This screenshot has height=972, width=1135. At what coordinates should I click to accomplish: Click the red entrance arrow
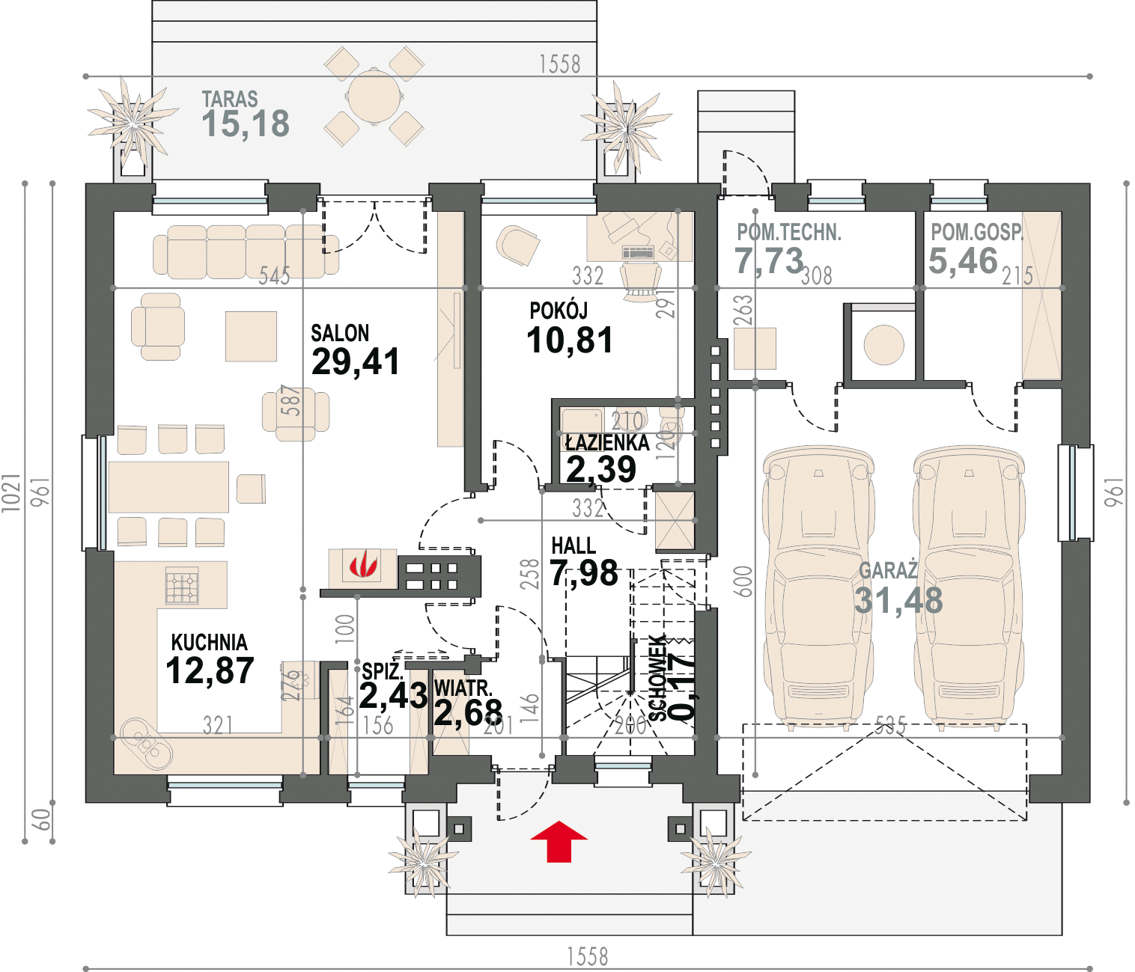point(559,841)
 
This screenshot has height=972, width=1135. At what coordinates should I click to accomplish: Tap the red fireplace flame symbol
point(363,565)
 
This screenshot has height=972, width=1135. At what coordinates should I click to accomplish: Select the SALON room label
point(340,333)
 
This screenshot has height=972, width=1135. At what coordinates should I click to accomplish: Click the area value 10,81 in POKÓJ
point(570,340)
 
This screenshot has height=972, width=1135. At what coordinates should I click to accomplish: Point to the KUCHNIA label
point(209,642)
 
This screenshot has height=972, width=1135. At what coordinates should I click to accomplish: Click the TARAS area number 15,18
point(246,123)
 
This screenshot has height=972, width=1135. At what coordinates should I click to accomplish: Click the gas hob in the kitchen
point(182,585)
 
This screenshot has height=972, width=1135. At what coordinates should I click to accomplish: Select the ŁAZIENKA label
point(607,442)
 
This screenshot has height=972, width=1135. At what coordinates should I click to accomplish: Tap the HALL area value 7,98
point(584,572)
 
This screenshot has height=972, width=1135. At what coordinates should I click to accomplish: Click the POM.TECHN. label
point(789,233)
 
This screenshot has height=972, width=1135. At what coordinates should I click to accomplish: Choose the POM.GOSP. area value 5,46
point(963,260)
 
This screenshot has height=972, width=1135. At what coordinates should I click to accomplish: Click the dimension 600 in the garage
point(743,581)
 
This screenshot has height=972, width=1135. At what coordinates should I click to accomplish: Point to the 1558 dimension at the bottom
point(588,956)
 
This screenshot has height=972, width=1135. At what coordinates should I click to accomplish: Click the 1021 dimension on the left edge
point(11,492)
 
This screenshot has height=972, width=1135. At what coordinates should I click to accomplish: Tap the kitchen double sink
point(146,745)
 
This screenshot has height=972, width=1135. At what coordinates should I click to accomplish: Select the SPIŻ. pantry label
point(383,670)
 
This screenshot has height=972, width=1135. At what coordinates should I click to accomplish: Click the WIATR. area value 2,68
point(468,713)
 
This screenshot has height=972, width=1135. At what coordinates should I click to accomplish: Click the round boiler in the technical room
point(883,345)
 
